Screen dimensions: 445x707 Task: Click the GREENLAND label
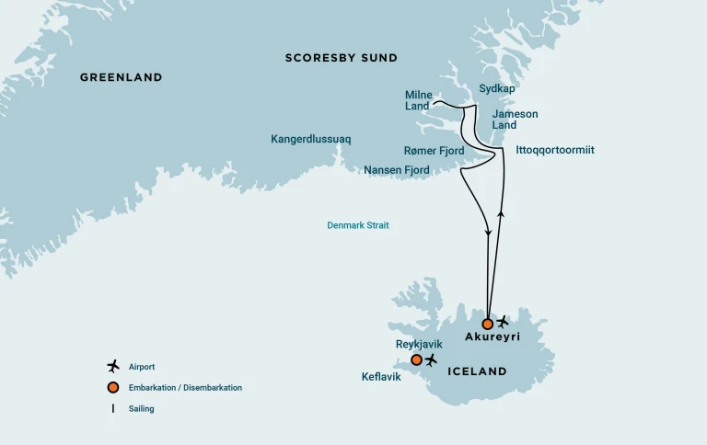121,77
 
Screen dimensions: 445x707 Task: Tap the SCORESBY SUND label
342,58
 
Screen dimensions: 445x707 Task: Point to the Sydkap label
497,88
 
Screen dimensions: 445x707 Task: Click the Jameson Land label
515,120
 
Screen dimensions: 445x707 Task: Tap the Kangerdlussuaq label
310,139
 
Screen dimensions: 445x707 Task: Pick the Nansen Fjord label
397,170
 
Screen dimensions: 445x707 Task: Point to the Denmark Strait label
358,225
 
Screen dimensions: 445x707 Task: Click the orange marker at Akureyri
487,324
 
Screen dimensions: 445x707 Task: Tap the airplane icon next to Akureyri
503,322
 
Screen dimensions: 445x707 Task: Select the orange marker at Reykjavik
416,359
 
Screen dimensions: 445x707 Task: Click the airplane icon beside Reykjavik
431,359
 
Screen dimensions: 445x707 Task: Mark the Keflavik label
381,377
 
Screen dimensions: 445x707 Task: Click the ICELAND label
476,371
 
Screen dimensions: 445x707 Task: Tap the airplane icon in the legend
113,367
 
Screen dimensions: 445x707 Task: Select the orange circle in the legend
113,387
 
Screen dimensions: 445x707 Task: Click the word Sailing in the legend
141,408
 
